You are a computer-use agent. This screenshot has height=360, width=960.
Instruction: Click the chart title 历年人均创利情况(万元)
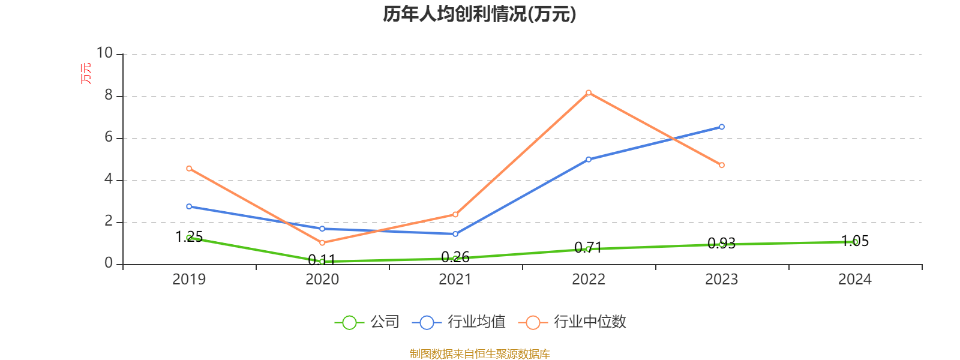(x=479, y=14)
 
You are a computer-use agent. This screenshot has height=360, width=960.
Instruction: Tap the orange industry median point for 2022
(x=589, y=92)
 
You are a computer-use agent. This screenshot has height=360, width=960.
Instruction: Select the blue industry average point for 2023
(x=722, y=127)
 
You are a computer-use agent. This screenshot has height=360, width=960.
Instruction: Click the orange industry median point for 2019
(x=189, y=169)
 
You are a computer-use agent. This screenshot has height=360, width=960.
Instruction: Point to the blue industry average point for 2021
(x=455, y=234)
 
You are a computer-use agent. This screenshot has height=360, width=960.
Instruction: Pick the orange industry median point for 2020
(x=322, y=243)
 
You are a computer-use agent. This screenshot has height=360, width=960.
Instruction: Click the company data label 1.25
(x=189, y=237)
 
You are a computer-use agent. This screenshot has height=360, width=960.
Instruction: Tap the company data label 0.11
(x=322, y=260)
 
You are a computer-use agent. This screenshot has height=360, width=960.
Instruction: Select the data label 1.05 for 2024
(x=855, y=241)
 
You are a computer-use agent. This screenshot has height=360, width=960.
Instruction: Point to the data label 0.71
(x=588, y=247)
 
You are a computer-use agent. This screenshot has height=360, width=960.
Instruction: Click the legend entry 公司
(x=385, y=322)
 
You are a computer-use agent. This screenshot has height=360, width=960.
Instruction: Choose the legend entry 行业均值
(x=476, y=322)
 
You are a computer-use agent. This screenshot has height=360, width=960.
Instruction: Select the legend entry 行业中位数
(x=589, y=322)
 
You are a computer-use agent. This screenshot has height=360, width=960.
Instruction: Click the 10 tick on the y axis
(x=105, y=53)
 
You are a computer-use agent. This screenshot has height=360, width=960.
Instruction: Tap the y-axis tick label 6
(x=109, y=137)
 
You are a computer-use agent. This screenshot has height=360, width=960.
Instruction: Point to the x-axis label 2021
(x=455, y=280)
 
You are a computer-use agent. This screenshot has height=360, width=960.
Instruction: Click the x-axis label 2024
(x=855, y=280)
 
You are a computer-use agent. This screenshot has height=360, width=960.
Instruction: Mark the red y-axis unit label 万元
(x=86, y=73)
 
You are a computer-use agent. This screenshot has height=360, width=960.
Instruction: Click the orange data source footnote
(x=479, y=354)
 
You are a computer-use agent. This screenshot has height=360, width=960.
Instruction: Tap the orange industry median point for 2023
(x=722, y=165)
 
